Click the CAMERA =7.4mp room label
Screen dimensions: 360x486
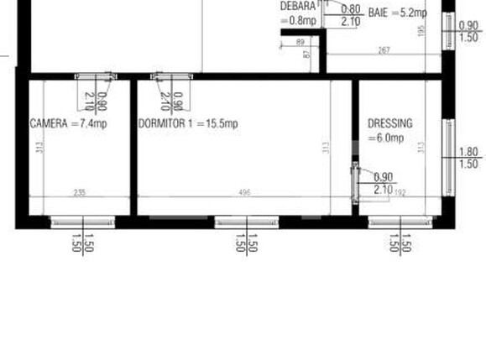(x=69, y=124)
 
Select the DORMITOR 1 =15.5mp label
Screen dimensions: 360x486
(x=188, y=124)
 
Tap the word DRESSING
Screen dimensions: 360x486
(x=390, y=123)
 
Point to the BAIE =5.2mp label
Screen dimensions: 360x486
(x=397, y=13)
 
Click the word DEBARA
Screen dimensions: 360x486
(x=297, y=6)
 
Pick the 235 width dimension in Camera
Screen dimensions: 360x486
(x=80, y=192)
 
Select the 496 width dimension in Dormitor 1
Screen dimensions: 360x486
(x=244, y=192)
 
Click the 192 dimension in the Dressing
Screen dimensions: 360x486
(x=400, y=192)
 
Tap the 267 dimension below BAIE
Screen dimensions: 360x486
(x=384, y=51)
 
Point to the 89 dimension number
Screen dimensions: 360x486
(x=300, y=41)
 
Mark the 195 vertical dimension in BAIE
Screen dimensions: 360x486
(x=422, y=30)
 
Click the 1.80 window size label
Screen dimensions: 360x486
(x=469, y=152)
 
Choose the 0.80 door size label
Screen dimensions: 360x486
(x=351, y=9)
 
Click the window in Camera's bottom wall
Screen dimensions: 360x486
(x=82, y=222)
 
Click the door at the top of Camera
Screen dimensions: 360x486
(x=94, y=76)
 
